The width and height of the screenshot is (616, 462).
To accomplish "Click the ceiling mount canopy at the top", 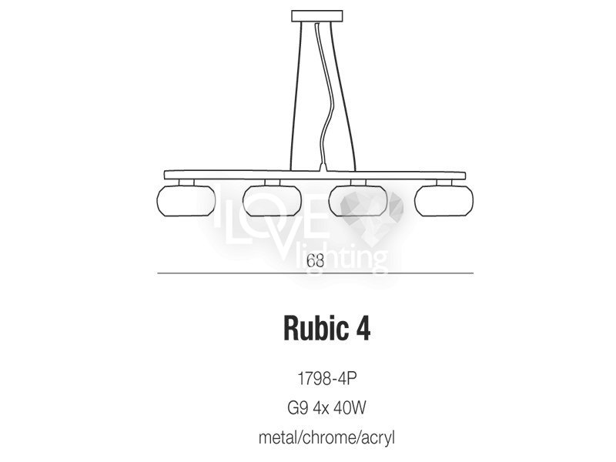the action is pyautogui.click(x=317, y=15).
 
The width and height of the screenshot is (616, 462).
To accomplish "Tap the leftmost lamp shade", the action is pyautogui.click(x=186, y=200).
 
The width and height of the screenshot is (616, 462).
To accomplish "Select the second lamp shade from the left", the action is pyautogui.click(x=272, y=200).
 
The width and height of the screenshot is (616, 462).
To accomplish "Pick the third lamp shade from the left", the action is pyautogui.click(x=358, y=200).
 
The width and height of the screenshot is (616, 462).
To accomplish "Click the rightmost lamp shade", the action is pyautogui.click(x=444, y=200).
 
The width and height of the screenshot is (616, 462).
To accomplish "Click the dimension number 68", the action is pyautogui.click(x=316, y=261).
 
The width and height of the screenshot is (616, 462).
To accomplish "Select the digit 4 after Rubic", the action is pyautogui.click(x=363, y=329).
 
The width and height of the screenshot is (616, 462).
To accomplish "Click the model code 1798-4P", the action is pyautogui.click(x=326, y=379).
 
